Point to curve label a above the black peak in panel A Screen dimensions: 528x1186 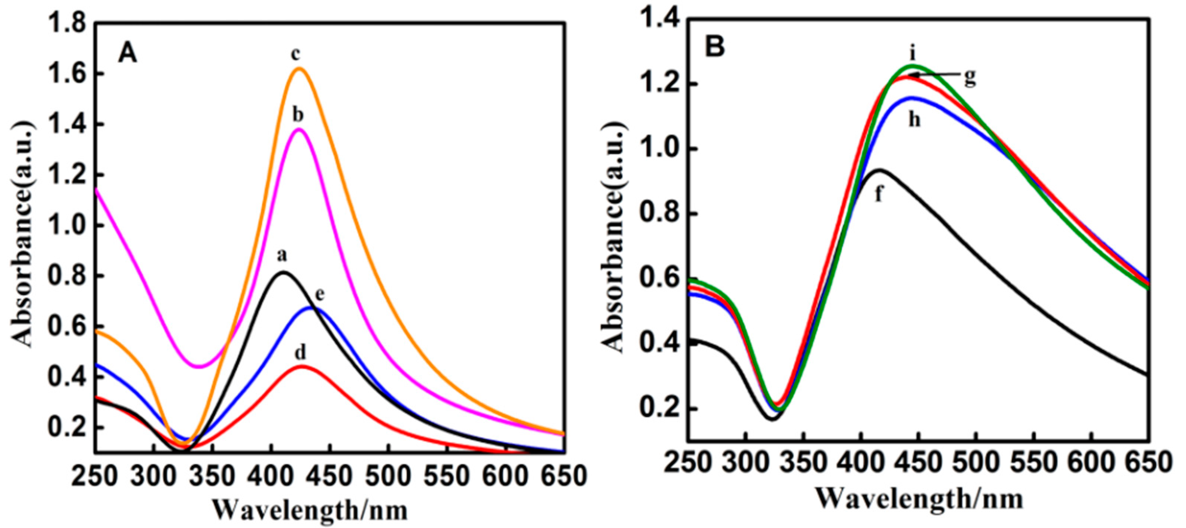pos(282,255)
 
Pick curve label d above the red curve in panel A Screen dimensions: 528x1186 pos(300,354)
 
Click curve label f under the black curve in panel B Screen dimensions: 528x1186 pos(879,194)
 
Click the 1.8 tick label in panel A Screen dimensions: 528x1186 pos(69,24)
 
